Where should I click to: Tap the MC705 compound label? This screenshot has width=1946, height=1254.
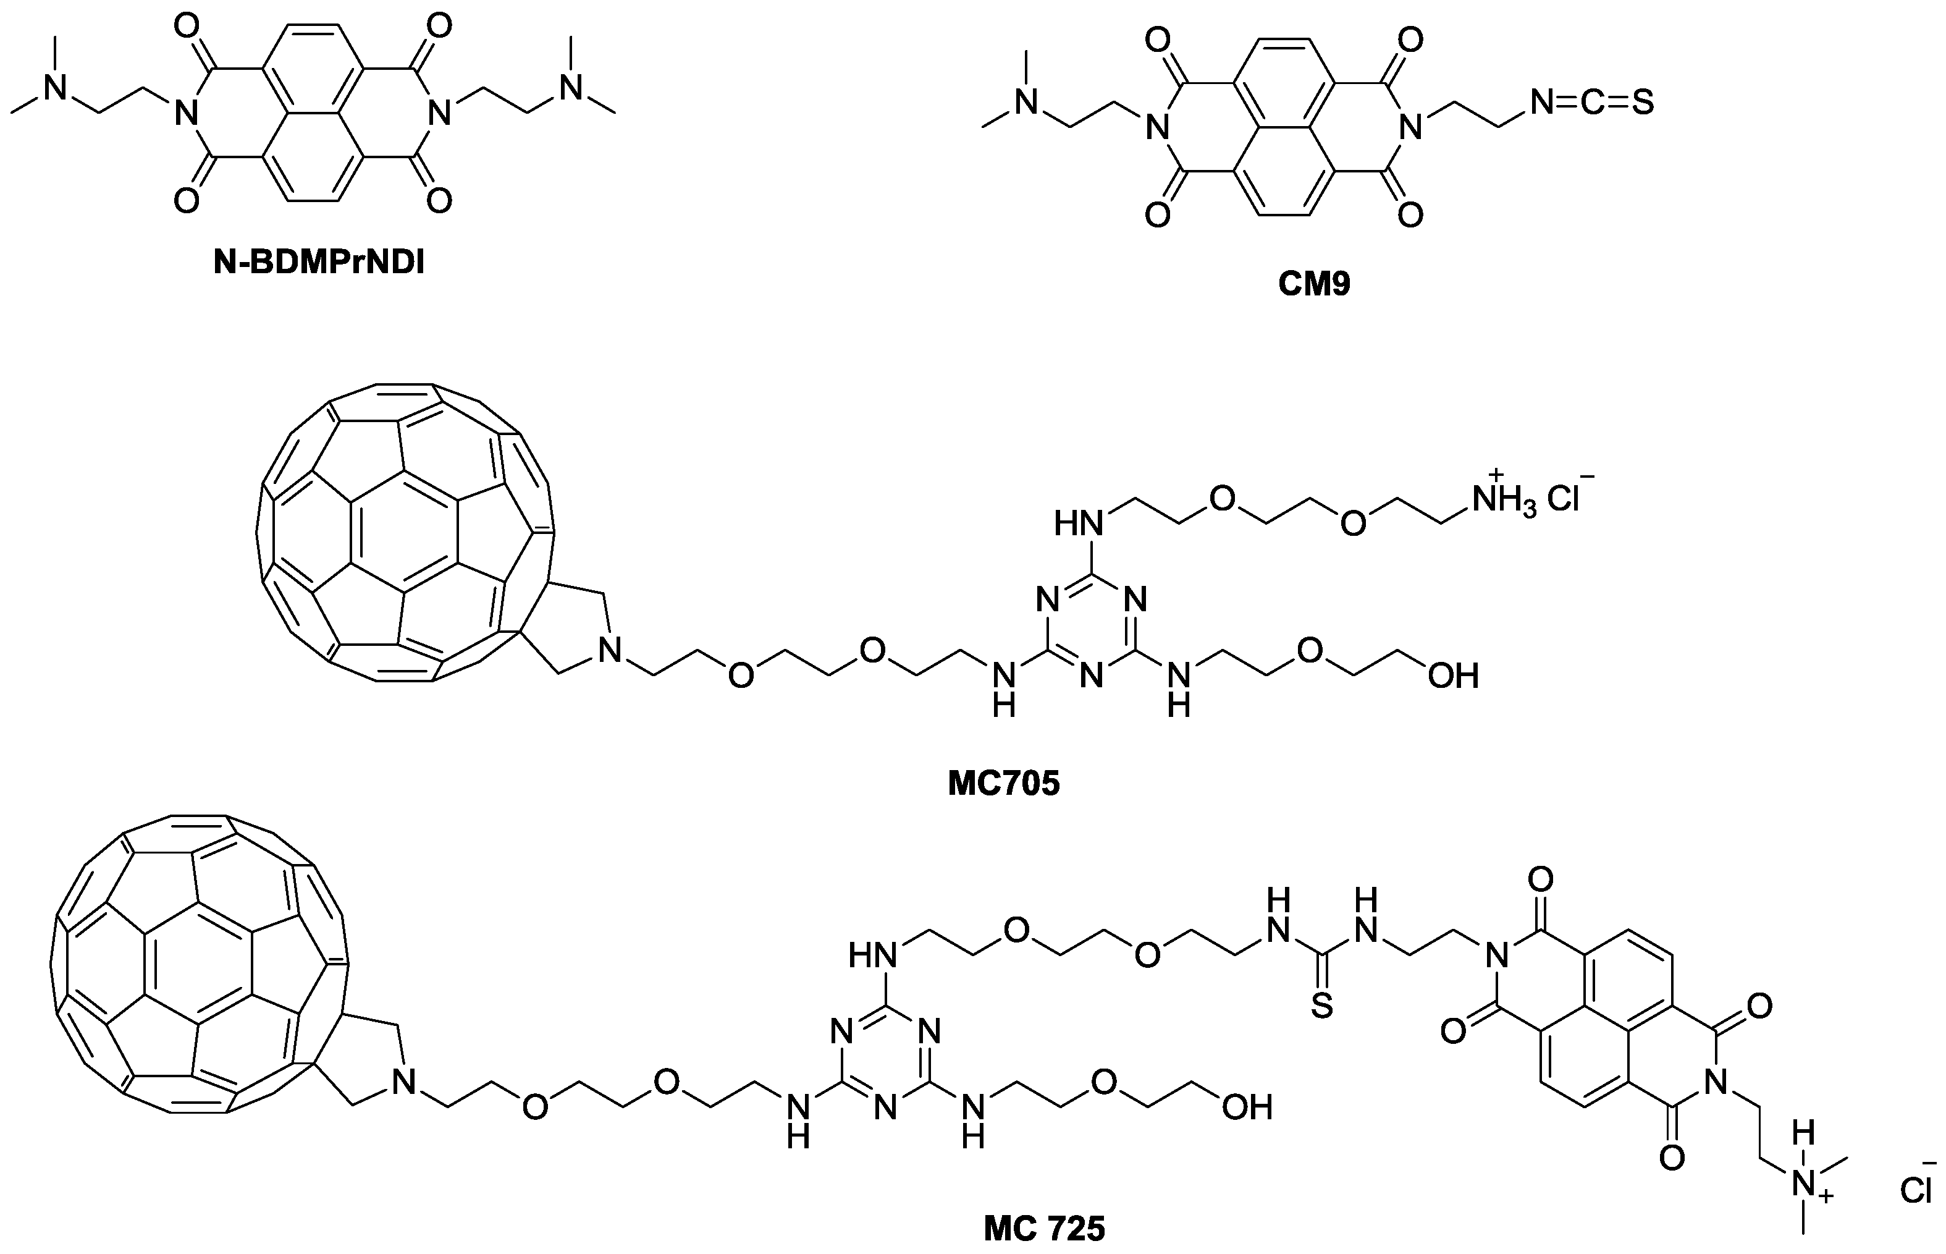[1003, 783]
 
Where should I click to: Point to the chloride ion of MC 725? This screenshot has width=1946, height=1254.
[1917, 1192]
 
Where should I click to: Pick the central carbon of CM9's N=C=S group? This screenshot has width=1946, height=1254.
[1592, 103]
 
